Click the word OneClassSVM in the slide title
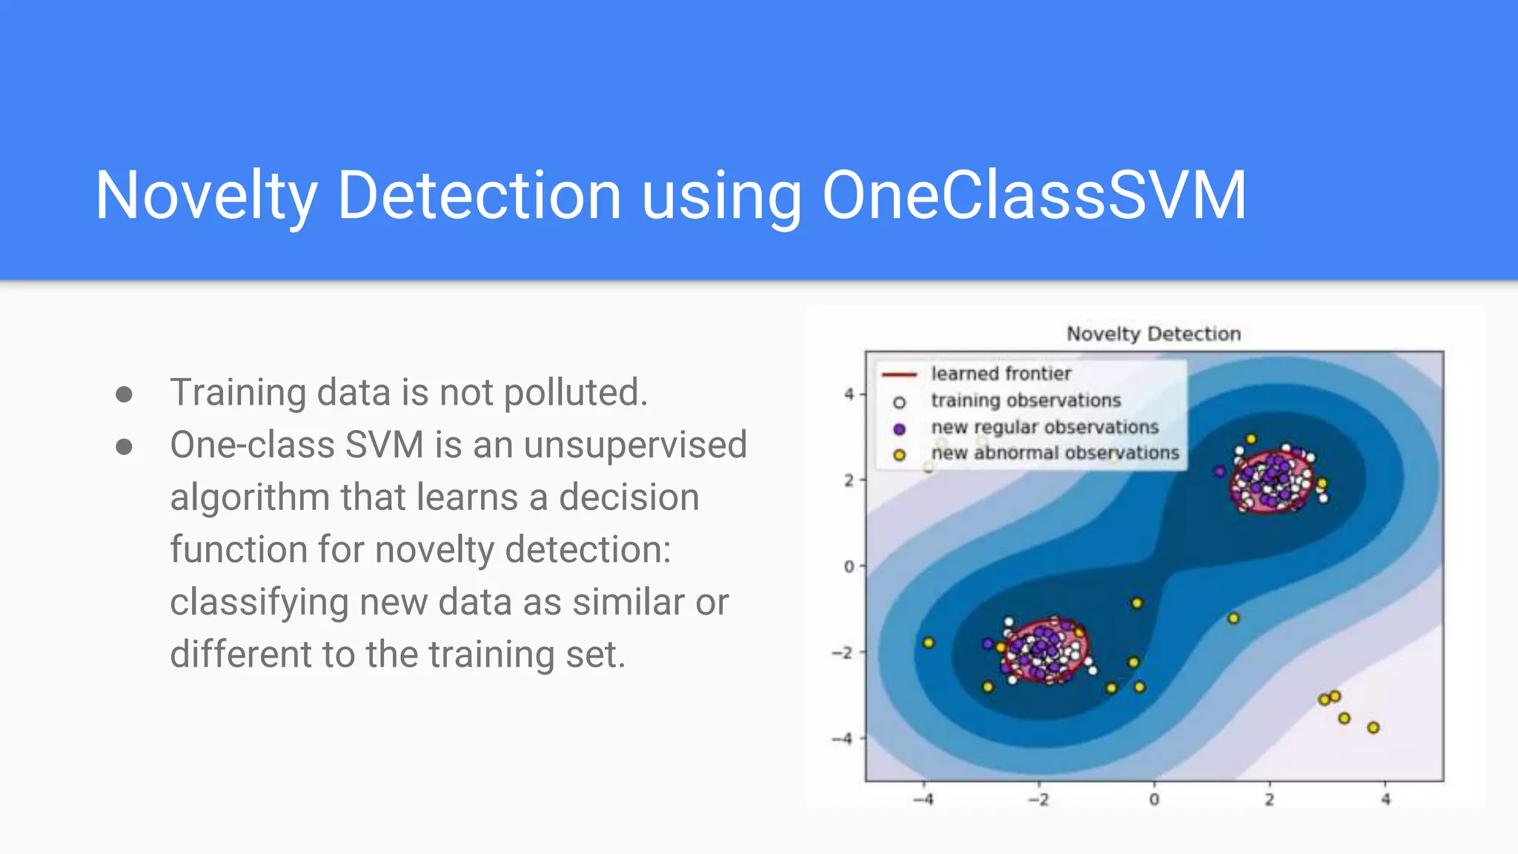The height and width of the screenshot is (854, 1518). click(1034, 195)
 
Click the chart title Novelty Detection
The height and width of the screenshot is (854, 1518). click(1153, 334)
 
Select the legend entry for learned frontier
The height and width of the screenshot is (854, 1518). click(1001, 374)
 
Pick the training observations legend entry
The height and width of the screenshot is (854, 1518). click(1026, 400)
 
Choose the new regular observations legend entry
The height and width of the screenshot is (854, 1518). click(1044, 427)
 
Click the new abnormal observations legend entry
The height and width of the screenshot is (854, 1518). click(1055, 453)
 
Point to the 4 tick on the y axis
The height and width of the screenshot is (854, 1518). click(849, 394)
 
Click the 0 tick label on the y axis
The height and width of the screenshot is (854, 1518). click(849, 566)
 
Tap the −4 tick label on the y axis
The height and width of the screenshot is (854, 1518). click(843, 738)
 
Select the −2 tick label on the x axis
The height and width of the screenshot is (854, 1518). click(1038, 800)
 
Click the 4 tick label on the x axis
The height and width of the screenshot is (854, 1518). click(1385, 800)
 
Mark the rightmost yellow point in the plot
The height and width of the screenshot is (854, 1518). click(1373, 728)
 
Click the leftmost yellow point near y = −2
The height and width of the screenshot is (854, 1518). click(929, 643)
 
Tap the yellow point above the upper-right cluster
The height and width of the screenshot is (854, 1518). click(1251, 440)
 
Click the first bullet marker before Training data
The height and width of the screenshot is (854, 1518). click(125, 394)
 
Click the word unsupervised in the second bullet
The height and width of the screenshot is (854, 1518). click(635, 445)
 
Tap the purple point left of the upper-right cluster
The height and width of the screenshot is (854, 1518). click(1219, 471)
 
